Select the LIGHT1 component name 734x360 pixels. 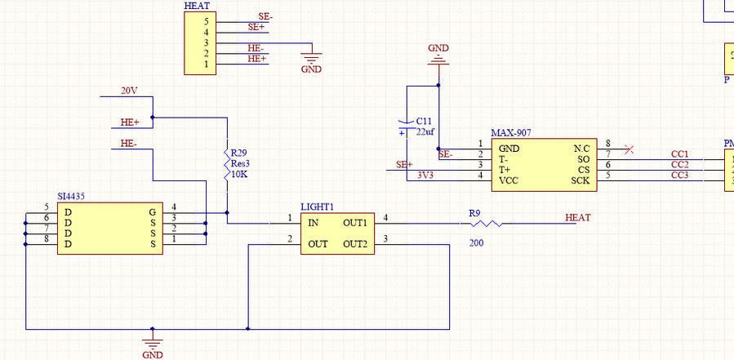pyautogui.click(x=317, y=207)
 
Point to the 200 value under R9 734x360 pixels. pyautogui.click(x=477, y=242)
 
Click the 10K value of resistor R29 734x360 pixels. pyautogui.click(x=239, y=174)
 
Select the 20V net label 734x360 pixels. pyautogui.click(x=129, y=91)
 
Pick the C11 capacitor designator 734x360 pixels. pyautogui.click(x=425, y=121)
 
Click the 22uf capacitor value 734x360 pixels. pyautogui.click(x=426, y=131)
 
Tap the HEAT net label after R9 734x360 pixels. pyautogui.click(x=577, y=218)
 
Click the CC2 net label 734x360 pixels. pyautogui.click(x=679, y=164)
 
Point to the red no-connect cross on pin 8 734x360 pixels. pyautogui.click(x=628, y=149)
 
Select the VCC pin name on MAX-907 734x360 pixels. pyautogui.click(x=509, y=180)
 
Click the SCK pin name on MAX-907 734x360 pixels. pyautogui.click(x=580, y=180)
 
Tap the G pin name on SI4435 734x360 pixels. pyautogui.click(x=151, y=212)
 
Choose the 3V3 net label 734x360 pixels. pyautogui.click(x=425, y=175)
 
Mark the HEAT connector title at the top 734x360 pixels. pyautogui.click(x=197, y=6)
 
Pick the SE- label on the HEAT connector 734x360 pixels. pyautogui.click(x=265, y=16)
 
